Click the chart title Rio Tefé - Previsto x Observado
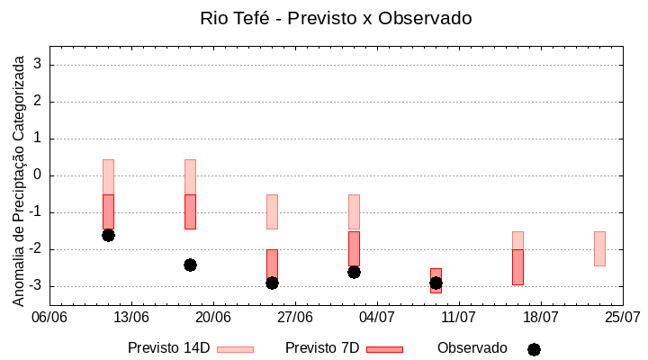tap(336, 18)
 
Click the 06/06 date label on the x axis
tap(49, 317)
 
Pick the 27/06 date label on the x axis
tap(295, 317)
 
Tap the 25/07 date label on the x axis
tap(622, 317)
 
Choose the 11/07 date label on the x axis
tap(459, 317)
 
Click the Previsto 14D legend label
tap(168, 348)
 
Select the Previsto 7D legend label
tap(322, 348)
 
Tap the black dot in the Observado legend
tap(534, 349)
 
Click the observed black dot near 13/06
tap(108, 235)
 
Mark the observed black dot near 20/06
tap(190, 265)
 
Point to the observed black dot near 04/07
tap(354, 272)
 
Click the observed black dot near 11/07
tap(436, 283)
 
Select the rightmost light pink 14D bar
tap(599, 248)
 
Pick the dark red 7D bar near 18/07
tap(517, 267)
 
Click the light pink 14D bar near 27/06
tap(272, 211)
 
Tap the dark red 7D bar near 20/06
tap(190, 211)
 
